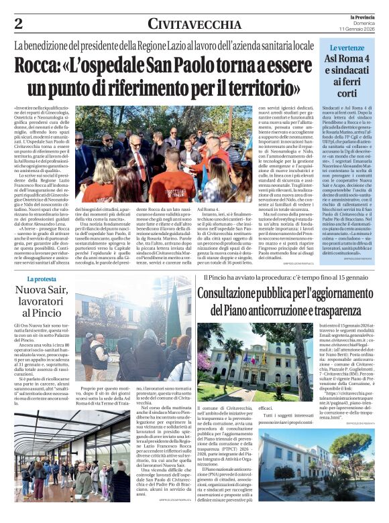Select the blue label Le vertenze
point(346,48)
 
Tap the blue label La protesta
point(43,279)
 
